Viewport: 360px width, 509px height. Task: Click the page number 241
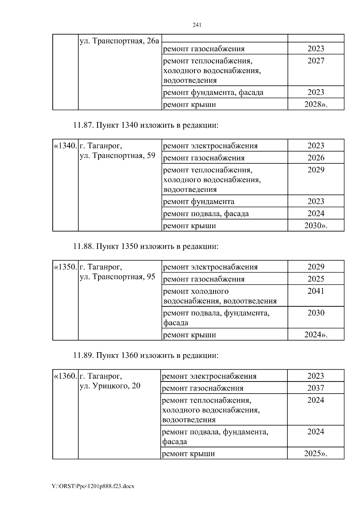pos(197,25)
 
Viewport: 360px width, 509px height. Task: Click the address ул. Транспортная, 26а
pos(119,41)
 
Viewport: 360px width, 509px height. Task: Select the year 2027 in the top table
pos(316,61)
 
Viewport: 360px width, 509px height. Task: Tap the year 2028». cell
pos(316,104)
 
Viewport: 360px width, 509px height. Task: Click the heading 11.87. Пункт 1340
pos(146,125)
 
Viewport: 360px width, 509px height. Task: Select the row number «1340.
pos(65,146)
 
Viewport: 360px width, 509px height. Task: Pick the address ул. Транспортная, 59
pos(117,156)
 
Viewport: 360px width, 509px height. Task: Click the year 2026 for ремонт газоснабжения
pos(316,158)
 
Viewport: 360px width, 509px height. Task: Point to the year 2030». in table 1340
pos(316,225)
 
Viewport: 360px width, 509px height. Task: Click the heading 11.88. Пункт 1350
pos(146,246)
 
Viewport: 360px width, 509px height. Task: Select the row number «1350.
pos(65,267)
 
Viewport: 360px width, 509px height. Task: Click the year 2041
pos(316,291)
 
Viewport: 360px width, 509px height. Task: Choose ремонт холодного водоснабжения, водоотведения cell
pos(220,296)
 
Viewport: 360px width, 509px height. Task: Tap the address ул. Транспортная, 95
pos(117,277)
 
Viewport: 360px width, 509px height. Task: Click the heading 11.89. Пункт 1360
pos(146,356)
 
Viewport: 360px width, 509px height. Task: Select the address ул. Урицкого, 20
pos(110,386)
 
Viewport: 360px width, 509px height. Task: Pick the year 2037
pos(316,388)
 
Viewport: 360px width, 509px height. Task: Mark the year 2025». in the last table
pos(316,454)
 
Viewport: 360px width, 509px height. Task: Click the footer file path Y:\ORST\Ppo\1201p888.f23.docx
pos(93,486)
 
